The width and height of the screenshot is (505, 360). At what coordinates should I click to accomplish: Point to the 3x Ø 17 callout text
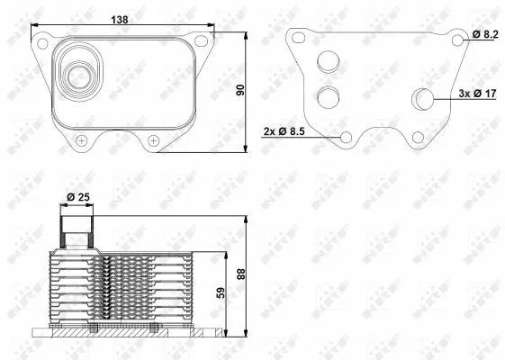click(478, 94)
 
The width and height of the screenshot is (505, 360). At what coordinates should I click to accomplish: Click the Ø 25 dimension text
click(77, 195)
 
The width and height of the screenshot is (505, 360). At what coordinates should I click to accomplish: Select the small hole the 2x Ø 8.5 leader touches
click(347, 137)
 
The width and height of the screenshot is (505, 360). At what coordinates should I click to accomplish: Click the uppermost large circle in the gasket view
click(329, 62)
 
